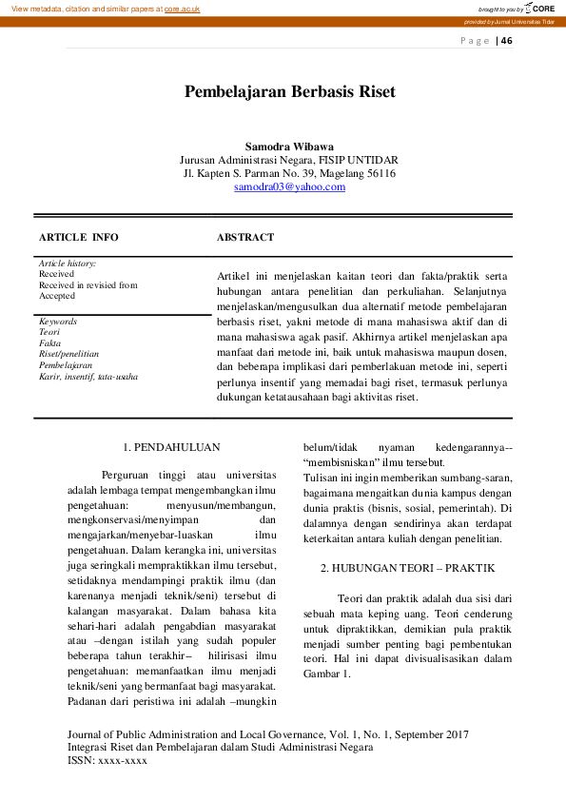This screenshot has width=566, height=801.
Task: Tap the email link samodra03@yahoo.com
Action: (289, 187)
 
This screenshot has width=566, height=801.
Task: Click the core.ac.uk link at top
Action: (182, 9)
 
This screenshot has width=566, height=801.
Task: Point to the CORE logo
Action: (539, 9)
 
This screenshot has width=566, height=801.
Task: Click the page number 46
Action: (506, 40)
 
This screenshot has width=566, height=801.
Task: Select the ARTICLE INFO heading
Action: (79, 237)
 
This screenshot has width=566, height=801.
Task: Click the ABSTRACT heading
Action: (245, 237)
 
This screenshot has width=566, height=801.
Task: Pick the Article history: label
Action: (68, 263)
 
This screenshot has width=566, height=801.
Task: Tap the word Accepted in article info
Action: (57, 296)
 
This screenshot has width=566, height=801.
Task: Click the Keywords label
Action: (58, 322)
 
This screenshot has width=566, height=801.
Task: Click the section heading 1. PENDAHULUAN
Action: (172, 445)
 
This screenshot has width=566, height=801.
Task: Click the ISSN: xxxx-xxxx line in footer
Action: (107, 761)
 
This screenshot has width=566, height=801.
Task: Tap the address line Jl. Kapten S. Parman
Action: (289, 174)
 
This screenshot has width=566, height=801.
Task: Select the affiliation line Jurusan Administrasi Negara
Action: (289, 160)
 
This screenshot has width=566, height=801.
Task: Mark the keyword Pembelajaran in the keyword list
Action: (66, 365)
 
